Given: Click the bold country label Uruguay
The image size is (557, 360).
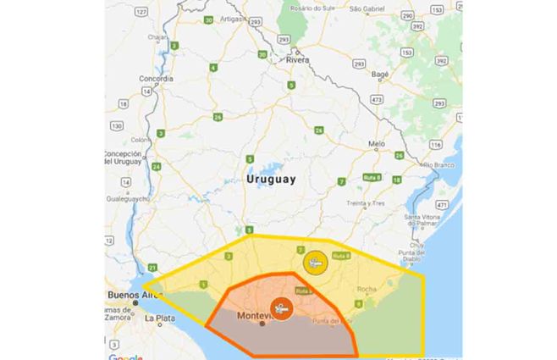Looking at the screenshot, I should pos(271,180).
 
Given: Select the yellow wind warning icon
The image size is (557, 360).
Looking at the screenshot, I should pos(316,262).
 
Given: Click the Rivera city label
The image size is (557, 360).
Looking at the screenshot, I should pos(297,61).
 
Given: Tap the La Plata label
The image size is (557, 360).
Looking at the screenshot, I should pos(158,319).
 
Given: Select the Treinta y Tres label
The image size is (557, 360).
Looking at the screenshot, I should pos(366,203).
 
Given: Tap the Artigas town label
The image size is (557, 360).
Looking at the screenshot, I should pos(232,17).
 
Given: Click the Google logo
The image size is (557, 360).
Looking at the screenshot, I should pos(125,357).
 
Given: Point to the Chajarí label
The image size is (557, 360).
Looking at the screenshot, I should pos(157,37).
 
